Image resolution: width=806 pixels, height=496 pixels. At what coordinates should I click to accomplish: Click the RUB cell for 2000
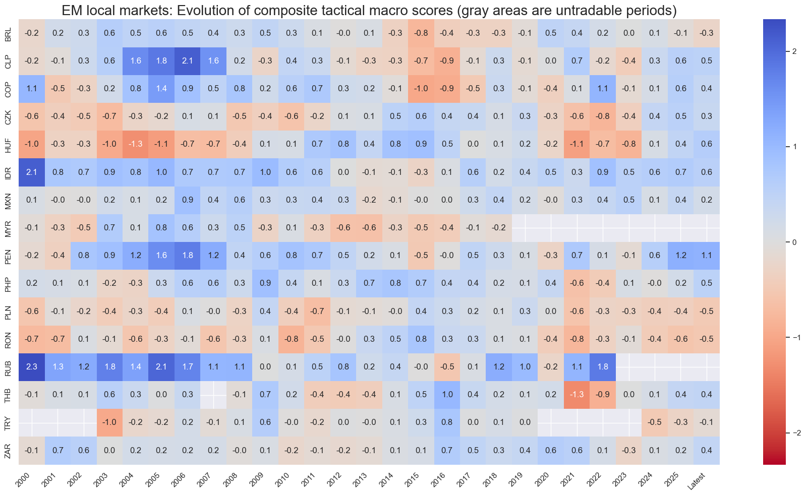32,366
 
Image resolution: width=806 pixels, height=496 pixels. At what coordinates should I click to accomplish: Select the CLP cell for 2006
188,61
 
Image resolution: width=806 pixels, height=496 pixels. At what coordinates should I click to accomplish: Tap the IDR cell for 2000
32,172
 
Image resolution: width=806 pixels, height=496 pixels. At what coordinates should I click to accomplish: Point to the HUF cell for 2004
136,144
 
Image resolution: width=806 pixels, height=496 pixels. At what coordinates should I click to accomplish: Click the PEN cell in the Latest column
707,255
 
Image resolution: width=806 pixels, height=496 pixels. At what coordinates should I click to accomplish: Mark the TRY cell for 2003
109,422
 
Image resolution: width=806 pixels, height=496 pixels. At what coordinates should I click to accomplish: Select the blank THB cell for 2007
213,394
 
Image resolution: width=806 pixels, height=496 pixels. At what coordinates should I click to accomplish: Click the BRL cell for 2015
421,33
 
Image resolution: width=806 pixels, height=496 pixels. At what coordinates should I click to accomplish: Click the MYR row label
9,227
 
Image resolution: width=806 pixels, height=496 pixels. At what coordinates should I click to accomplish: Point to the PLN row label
9,311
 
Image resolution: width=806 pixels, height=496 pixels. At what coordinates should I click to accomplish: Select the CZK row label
9,116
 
